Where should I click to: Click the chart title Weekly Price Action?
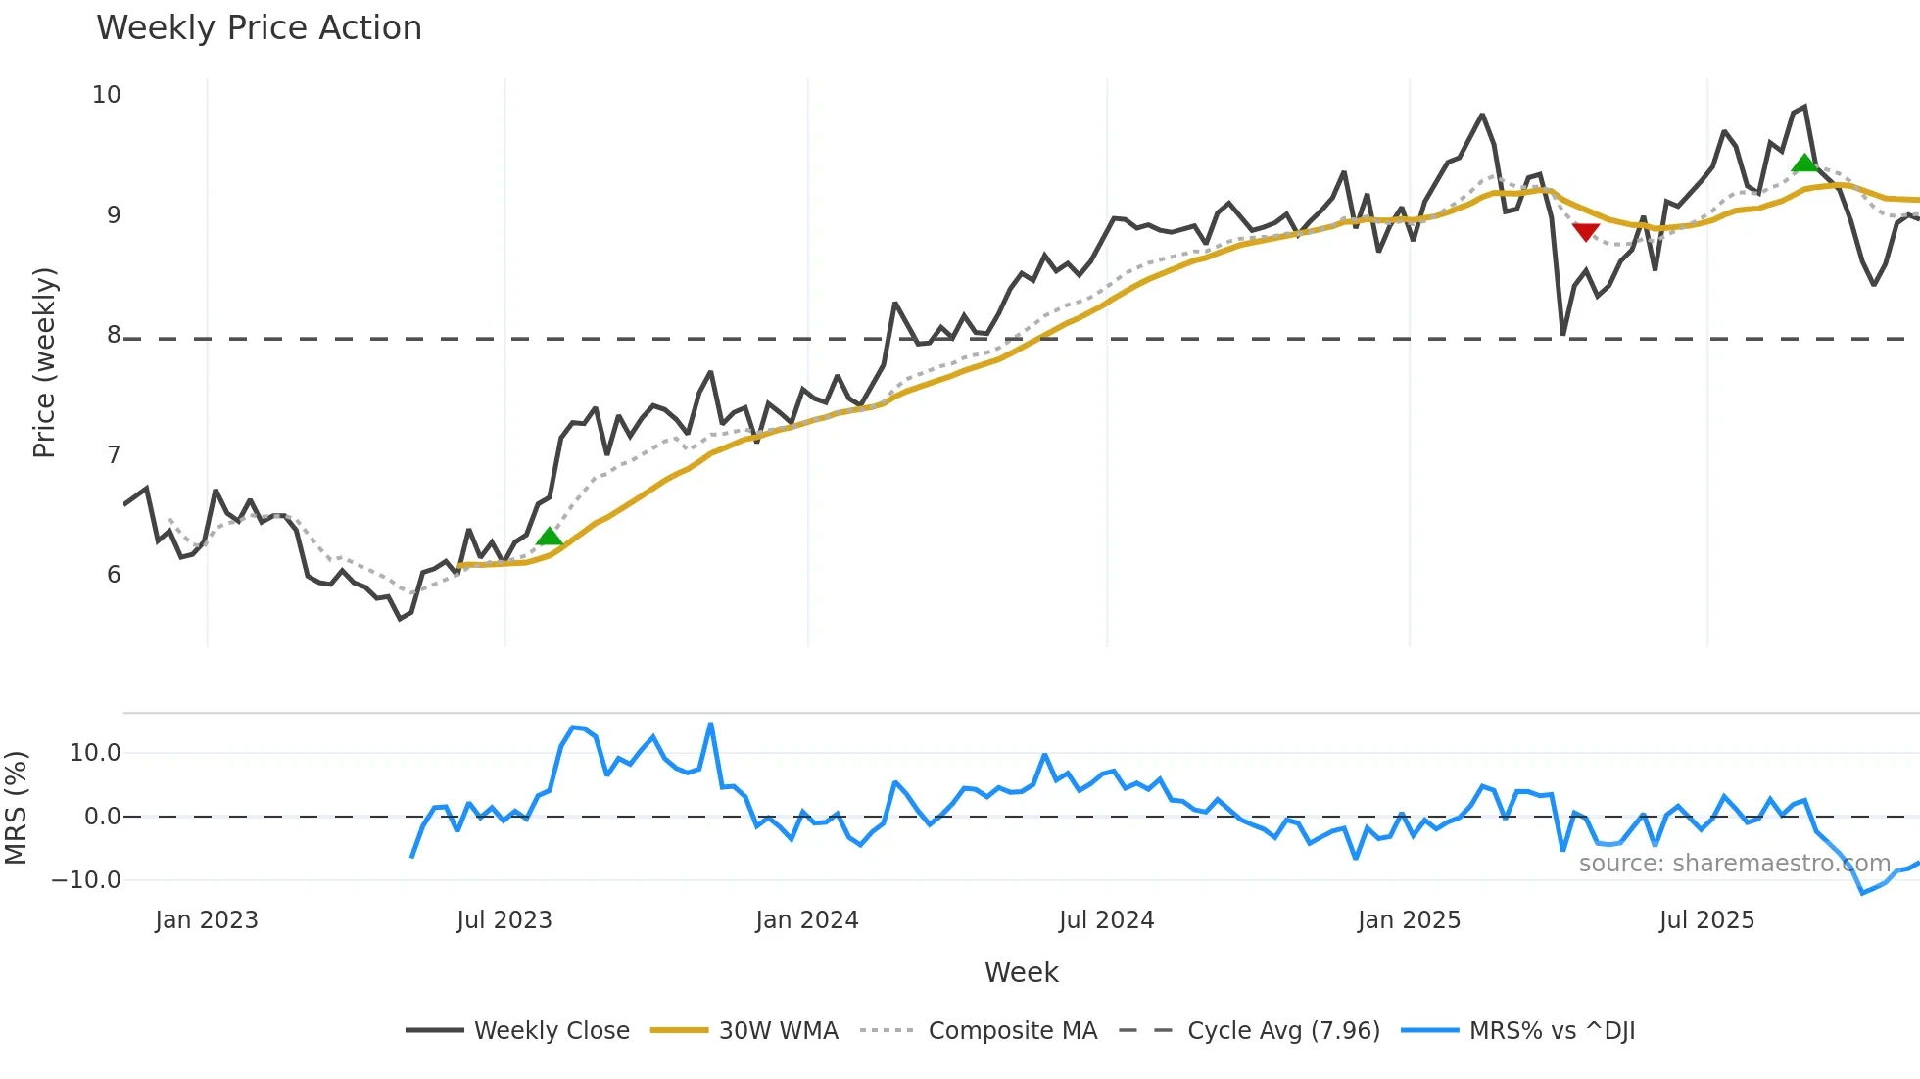click(259, 28)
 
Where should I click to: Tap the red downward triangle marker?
click(1585, 232)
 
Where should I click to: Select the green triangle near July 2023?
click(550, 537)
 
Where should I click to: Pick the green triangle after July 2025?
click(1804, 163)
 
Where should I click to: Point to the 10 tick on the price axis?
click(106, 95)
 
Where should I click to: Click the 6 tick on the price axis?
click(114, 575)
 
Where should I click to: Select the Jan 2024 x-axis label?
click(806, 920)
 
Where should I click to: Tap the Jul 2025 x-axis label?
click(1706, 920)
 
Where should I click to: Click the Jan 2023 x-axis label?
click(207, 920)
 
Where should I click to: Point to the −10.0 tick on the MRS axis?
click(86, 880)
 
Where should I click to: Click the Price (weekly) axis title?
click(44, 362)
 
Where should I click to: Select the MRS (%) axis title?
click(16, 808)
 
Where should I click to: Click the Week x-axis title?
click(1021, 972)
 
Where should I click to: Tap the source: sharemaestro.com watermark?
click(1734, 864)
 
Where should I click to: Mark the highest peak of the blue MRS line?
click(710, 725)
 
